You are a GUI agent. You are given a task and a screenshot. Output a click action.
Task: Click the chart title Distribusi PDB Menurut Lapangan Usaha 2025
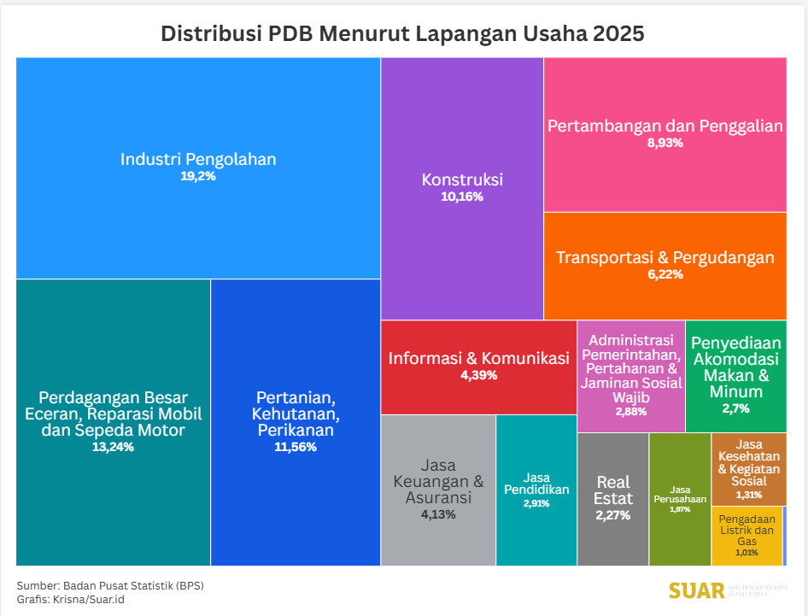(402, 34)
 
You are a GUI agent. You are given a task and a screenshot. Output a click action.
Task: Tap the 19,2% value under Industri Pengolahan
(197, 178)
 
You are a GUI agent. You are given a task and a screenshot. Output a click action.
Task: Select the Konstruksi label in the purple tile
(462, 179)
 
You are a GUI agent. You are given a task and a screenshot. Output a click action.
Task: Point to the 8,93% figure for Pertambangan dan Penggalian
(665, 144)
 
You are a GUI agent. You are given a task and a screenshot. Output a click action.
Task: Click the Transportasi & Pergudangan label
(665, 257)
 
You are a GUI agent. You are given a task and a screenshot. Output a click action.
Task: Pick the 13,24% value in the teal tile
(113, 447)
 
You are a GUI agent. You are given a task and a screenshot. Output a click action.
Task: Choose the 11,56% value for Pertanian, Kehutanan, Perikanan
(296, 447)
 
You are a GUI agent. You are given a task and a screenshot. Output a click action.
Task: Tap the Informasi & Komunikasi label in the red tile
(478, 358)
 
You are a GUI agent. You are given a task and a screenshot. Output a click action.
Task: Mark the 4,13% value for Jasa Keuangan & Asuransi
(438, 514)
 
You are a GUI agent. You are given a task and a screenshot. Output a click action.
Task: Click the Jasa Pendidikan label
(536, 484)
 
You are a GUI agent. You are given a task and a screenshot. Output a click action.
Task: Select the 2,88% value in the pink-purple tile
(631, 412)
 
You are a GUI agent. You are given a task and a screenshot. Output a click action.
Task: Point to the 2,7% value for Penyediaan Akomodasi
(735, 408)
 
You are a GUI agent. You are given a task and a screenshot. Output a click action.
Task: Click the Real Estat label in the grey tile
(613, 490)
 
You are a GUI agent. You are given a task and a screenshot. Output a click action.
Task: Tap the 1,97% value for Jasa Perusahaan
(680, 509)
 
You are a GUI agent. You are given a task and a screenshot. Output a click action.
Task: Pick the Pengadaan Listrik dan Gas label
(747, 530)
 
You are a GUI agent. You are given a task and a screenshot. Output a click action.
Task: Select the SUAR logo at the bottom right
(696, 590)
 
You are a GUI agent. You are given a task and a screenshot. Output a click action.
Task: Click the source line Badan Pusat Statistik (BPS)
(132, 585)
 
